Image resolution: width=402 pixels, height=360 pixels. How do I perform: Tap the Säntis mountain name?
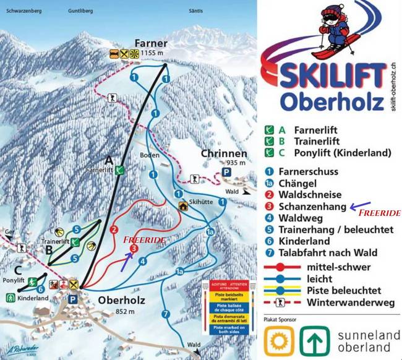(x=213, y=11)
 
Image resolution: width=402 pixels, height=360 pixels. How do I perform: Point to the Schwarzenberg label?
(x=23, y=11)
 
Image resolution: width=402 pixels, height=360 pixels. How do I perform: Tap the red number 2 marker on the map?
(x=113, y=230)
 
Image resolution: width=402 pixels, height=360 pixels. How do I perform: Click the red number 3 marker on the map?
(x=133, y=249)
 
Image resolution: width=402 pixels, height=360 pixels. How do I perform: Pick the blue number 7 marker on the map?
(x=165, y=314)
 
